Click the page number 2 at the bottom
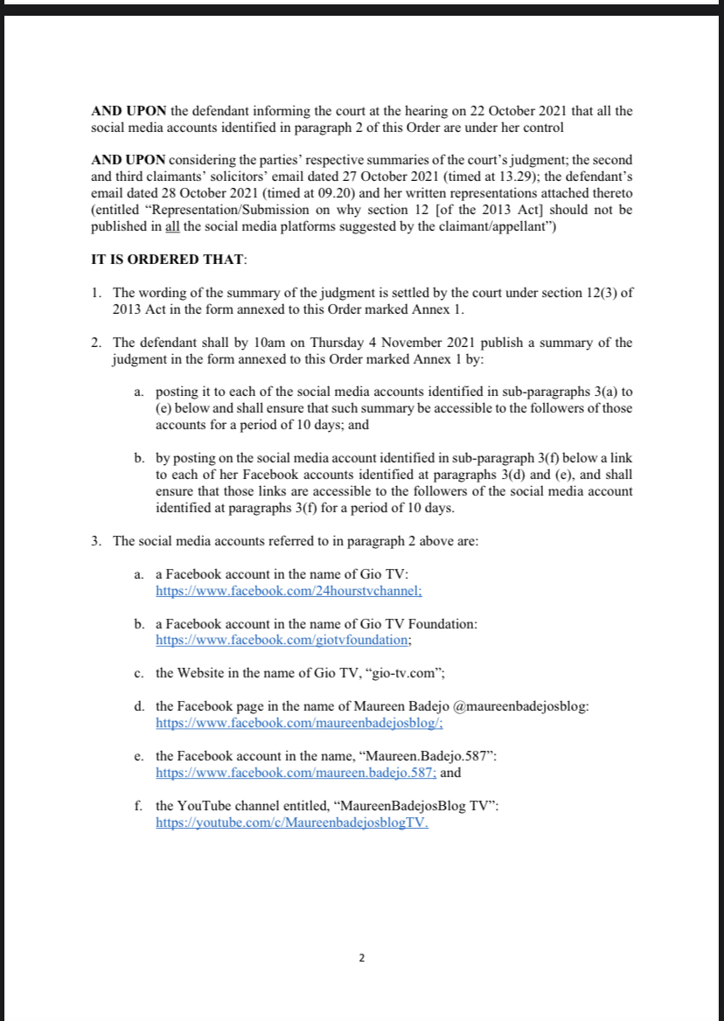[x=362, y=958]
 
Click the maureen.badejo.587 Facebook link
[x=296, y=773]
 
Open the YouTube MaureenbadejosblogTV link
[x=292, y=823]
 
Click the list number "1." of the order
[x=96, y=293]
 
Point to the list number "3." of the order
[x=96, y=541]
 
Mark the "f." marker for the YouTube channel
[x=138, y=807]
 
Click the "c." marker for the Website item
[x=139, y=672]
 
